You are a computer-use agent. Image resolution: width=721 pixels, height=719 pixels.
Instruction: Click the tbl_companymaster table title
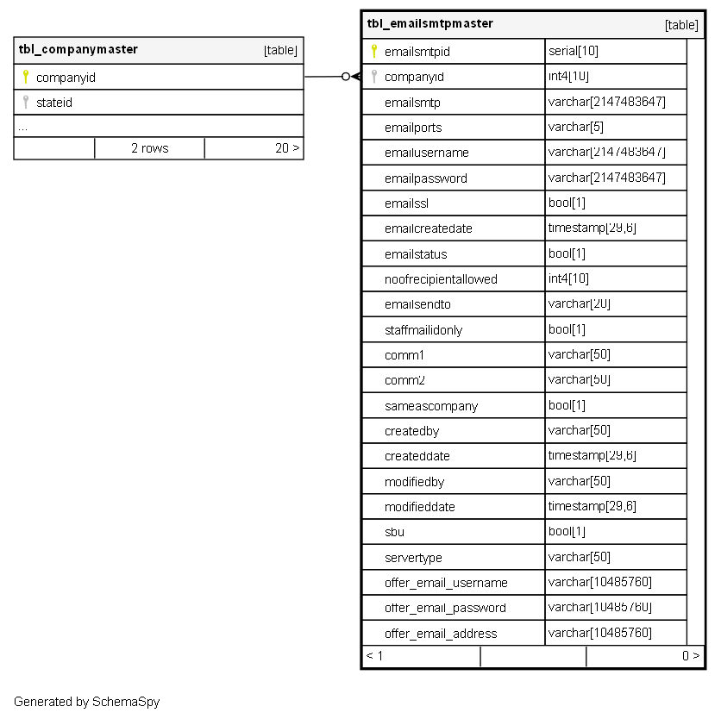[78, 49]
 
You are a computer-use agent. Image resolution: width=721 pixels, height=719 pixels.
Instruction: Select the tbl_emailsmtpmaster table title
[429, 23]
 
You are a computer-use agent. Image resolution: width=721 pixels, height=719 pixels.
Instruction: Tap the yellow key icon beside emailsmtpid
[373, 52]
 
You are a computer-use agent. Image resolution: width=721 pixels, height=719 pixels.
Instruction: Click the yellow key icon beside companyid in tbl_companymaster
[25, 77]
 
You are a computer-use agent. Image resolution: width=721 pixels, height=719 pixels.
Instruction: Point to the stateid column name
[54, 103]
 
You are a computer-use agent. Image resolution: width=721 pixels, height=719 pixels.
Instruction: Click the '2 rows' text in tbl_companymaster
[149, 148]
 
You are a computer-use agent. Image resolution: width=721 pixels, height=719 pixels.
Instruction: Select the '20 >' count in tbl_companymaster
[287, 148]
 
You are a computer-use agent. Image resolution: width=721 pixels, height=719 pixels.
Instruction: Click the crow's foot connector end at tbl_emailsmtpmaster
[354, 77]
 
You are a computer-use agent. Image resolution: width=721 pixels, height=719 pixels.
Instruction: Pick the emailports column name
[413, 128]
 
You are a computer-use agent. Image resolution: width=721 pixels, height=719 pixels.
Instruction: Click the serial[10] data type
[573, 52]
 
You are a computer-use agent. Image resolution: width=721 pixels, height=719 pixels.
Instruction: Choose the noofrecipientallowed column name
[441, 279]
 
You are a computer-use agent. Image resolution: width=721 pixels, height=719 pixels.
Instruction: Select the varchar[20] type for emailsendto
[579, 304]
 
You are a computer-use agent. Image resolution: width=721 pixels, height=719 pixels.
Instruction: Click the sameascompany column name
[431, 406]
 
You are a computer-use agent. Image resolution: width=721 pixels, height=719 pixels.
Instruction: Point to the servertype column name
[413, 558]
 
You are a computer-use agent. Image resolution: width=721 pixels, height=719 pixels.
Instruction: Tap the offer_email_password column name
[445, 608]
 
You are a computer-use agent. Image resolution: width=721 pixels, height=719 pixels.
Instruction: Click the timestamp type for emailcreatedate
[592, 228]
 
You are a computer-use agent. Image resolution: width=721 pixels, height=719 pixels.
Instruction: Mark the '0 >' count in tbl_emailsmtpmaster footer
[690, 656]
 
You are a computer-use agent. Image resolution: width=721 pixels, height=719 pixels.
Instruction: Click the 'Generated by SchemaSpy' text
[86, 702]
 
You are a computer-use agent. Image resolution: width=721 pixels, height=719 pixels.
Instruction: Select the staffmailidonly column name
[423, 330]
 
